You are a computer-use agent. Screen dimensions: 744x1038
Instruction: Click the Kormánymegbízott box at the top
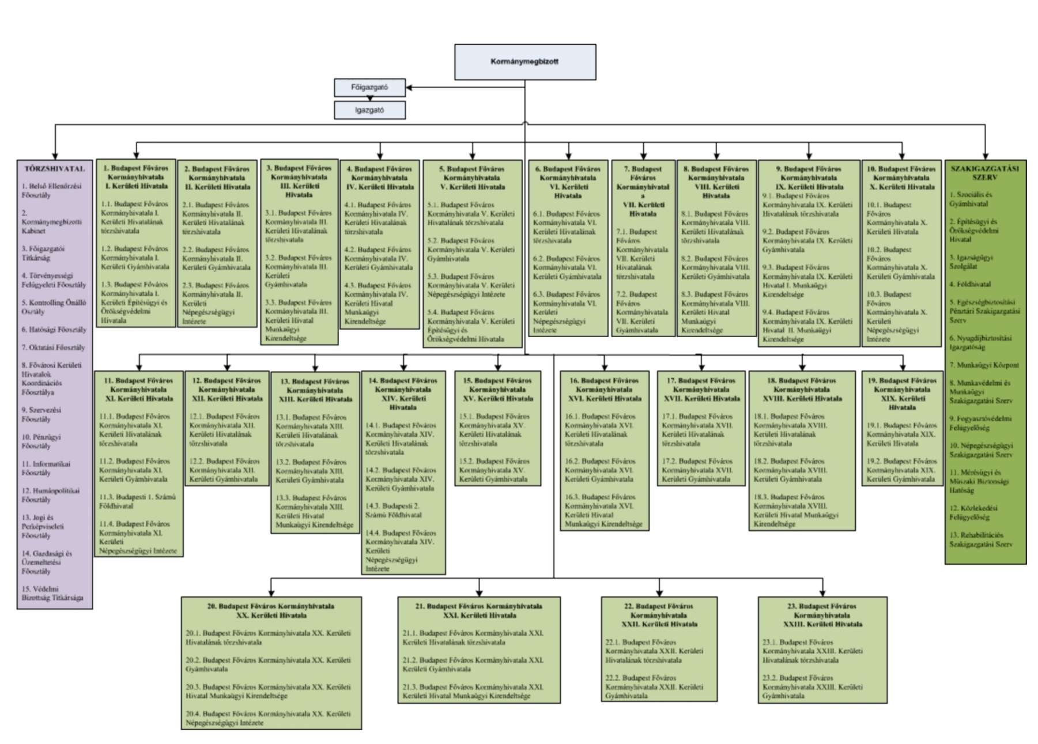coord(524,62)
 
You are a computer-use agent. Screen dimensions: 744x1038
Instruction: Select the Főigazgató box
coord(369,88)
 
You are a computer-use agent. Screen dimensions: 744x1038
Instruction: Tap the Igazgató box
coord(369,110)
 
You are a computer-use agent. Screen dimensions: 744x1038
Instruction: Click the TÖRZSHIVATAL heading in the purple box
coord(55,169)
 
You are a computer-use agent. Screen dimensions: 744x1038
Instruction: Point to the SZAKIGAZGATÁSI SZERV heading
coord(984,173)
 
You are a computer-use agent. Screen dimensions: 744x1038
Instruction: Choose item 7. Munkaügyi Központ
coord(984,365)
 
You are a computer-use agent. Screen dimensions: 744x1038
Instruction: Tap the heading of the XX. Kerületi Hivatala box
coord(271,611)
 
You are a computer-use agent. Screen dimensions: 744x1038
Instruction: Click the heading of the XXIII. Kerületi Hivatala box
coord(822,615)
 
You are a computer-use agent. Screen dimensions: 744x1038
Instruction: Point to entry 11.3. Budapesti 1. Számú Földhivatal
coord(137,501)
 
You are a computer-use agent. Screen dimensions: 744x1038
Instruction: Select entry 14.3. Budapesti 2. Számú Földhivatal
coord(392,510)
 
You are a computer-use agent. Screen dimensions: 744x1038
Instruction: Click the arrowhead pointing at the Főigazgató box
coord(409,88)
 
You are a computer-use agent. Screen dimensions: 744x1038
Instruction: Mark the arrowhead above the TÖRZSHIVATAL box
coord(55,156)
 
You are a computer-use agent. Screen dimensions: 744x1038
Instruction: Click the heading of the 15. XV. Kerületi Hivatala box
coord(498,389)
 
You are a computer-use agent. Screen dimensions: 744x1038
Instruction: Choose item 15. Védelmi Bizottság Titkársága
coord(52,594)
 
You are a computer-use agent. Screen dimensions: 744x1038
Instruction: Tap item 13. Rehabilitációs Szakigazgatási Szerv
coord(980,539)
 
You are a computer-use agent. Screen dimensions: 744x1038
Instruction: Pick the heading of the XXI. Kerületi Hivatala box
coord(478,611)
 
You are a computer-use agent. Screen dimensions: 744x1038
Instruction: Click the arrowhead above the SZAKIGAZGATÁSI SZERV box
coord(985,156)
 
